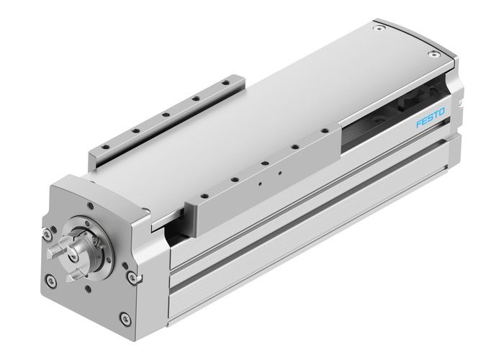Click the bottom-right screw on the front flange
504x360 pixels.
click(125, 316)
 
